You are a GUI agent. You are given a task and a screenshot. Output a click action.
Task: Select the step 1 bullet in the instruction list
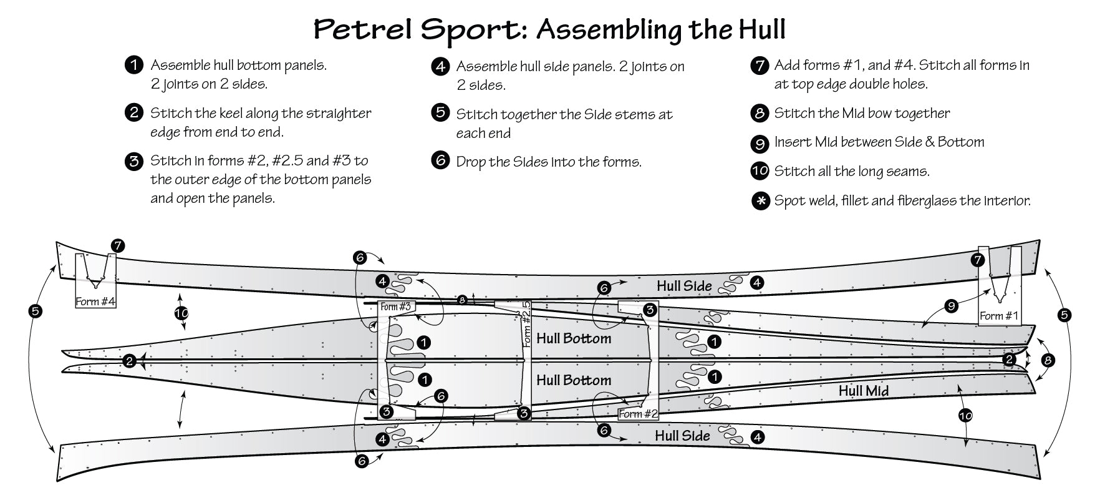(x=133, y=65)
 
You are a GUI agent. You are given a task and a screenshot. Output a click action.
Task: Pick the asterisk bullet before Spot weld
(x=760, y=202)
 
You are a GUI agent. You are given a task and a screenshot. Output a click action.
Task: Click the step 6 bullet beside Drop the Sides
(x=440, y=162)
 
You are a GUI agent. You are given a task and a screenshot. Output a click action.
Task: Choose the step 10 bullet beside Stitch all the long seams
(x=760, y=172)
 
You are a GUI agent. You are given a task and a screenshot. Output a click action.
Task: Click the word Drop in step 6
(x=472, y=162)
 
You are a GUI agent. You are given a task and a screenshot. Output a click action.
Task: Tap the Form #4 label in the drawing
(x=95, y=301)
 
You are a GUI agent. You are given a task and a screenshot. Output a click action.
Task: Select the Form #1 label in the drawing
(x=998, y=316)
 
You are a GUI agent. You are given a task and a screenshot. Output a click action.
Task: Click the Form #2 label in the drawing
(x=638, y=414)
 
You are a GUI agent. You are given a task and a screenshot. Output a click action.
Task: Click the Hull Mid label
(x=863, y=391)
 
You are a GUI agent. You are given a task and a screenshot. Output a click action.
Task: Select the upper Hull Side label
(x=684, y=286)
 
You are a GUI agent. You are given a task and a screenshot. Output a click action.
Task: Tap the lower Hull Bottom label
(x=574, y=380)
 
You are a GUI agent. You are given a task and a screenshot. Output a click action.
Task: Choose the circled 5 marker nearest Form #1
(x=1064, y=315)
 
